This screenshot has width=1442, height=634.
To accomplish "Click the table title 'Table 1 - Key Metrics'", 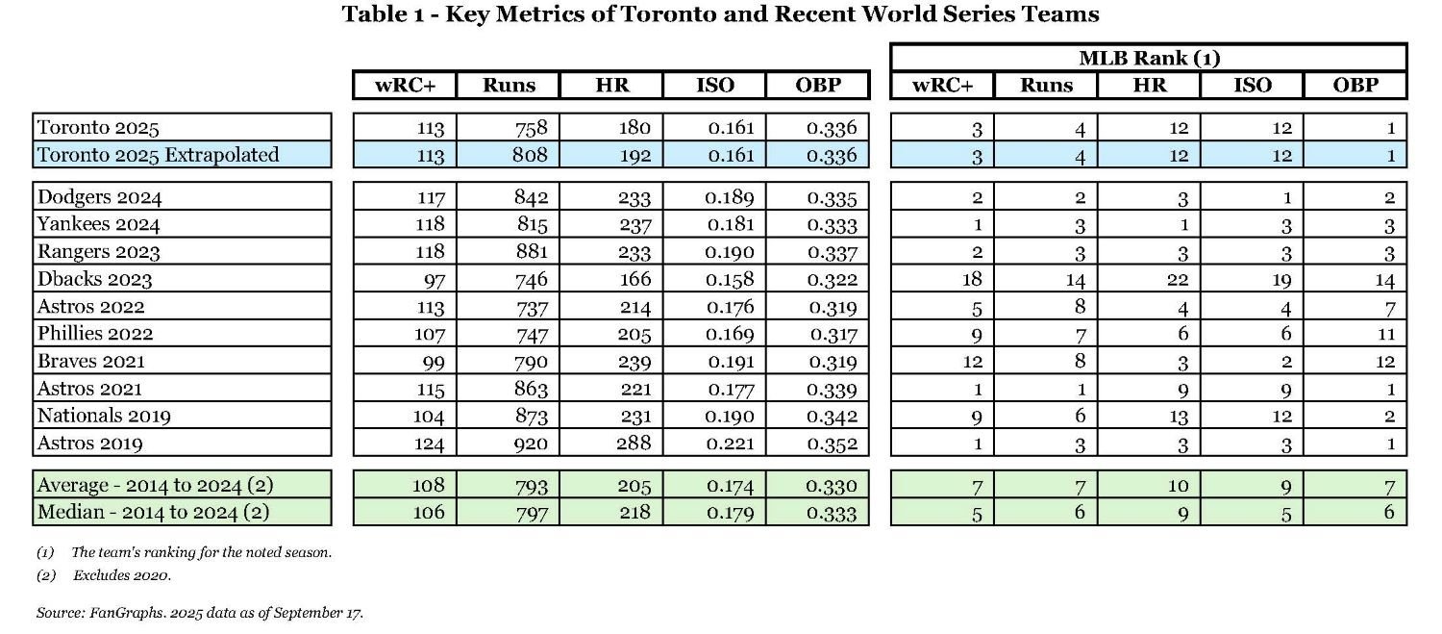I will coord(720,15).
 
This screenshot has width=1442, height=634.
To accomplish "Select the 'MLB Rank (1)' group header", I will coord(1149,58).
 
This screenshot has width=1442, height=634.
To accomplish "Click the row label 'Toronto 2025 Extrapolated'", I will coord(158,155).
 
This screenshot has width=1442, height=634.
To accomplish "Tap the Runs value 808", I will coord(531,155).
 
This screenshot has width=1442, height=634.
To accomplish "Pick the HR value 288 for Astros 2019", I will coord(634,444).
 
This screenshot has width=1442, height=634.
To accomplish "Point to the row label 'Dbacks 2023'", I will coord(95,280).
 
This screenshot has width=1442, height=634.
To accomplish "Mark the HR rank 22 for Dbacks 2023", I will coord(1178,280).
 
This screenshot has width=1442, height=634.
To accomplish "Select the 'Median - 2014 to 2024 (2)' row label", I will coord(153,512).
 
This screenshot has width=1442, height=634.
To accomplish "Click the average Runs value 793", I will coord(531,486).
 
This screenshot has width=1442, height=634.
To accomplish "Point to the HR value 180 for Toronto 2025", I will coord(634,127).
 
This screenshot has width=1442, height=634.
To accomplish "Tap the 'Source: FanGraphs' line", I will coord(200,612).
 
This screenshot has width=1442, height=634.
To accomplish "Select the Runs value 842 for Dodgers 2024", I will coord(531,198).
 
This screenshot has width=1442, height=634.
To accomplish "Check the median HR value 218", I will coord(634,513).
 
